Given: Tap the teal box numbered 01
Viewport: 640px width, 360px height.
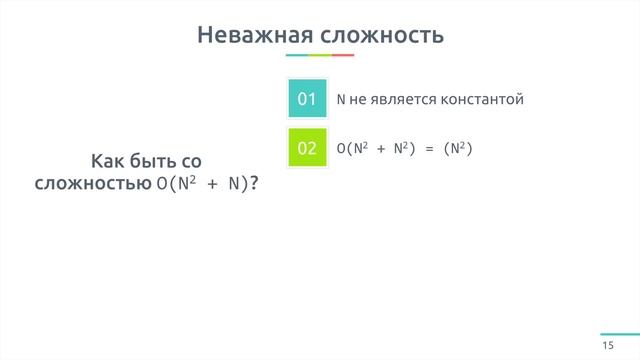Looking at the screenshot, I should pos(307,99).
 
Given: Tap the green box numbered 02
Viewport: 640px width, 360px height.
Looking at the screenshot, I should pos(307,148).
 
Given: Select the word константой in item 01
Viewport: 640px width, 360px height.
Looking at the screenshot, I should pos(478,99).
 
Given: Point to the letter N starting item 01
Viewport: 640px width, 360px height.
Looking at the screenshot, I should pos(341,99).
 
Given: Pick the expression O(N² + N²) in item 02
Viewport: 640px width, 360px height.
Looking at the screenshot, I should pos(376,149).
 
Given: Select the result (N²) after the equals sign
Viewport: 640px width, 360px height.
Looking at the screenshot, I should pos(456,149).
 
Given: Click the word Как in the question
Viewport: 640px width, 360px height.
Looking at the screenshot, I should pos(110,161).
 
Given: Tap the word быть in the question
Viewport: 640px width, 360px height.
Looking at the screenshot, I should pos(155,161).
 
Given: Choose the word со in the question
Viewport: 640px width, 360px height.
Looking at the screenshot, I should pos(195,161).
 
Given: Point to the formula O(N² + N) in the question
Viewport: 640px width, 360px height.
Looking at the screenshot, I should pos(198,184).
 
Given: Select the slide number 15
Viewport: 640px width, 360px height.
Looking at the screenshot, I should pos(607,345).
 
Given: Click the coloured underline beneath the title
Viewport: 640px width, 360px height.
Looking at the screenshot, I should pos(320,55).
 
